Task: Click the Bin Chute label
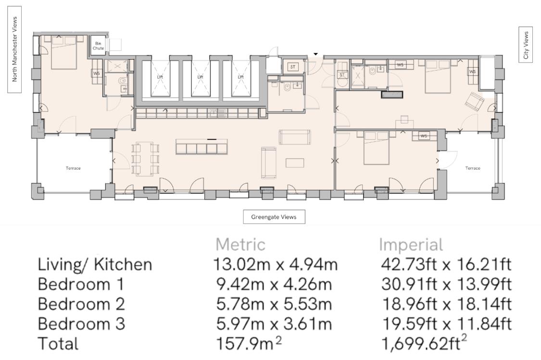pos(98,46)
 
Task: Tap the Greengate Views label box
pos(274,217)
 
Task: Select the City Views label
pos(526,45)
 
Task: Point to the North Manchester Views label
pos(14,50)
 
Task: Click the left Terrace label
pos(73,168)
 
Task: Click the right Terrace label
pos(473,168)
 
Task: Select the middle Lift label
pos(200,77)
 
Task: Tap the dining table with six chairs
pos(145,158)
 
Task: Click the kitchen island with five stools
pos(201,146)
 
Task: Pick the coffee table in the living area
pos(295,163)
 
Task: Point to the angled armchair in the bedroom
pos(475,101)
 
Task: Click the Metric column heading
pos(240,245)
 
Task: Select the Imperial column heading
pos(411,245)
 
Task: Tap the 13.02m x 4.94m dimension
pos(276,264)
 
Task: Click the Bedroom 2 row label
pos(81,304)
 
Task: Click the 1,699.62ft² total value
pos(425,343)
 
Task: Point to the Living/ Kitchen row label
pos(95,265)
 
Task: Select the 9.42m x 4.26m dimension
pos(274,285)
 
